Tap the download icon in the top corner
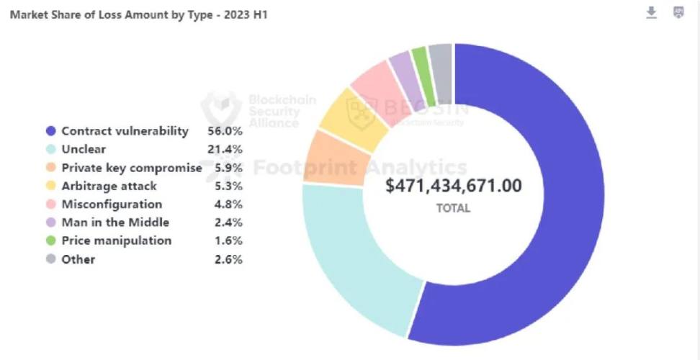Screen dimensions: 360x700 [x=651, y=13]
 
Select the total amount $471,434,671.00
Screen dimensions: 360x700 [x=454, y=186]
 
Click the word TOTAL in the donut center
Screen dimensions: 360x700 [x=454, y=208]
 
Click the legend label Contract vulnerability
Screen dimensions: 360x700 [x=125, y=131]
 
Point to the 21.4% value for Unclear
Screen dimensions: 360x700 [x=228, y=150]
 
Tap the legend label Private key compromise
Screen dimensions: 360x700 [x=131, y=168]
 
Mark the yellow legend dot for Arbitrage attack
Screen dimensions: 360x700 [x=50, y=186]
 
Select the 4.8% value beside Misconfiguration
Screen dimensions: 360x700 [x=228, y=204]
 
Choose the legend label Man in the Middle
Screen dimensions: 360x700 [x=115, y=222]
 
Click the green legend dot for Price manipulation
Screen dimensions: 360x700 [x=50, y=240]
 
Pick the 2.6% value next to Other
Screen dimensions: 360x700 [x=228, y=259]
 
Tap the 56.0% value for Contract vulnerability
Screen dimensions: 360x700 [x=228, y=131]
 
